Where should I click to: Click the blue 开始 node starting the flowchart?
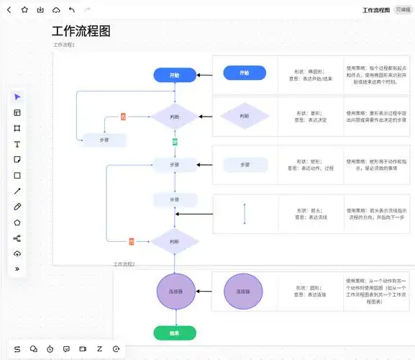(175, 75)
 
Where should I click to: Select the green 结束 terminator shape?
(175, 333)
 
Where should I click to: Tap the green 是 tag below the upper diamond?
(175, 142)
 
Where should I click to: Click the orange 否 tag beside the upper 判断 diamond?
(123, 117)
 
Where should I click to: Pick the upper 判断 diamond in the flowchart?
(175, 117)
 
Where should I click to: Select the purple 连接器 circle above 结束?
(175, 292)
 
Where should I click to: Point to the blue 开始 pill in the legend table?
(245, 73)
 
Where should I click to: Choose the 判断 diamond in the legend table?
(245, 117)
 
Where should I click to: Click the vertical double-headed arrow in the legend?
(245, 214)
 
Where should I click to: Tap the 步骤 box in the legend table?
(245, 165)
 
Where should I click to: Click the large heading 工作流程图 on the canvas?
(81, 32)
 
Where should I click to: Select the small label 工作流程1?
(64, 45)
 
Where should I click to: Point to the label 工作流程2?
(124, 264)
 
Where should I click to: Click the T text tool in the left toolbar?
(17, 144)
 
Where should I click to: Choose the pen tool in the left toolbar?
(17, 207)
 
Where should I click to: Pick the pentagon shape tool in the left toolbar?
(17, 222)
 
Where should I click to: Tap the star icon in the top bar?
(24, 10)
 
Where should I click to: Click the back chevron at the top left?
(9, 10)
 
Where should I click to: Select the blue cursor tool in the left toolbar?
(17, 96)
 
